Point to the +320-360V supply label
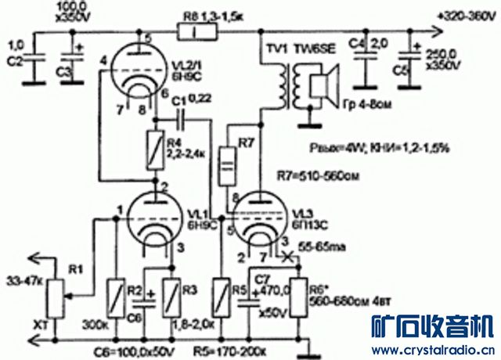[467, 16]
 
